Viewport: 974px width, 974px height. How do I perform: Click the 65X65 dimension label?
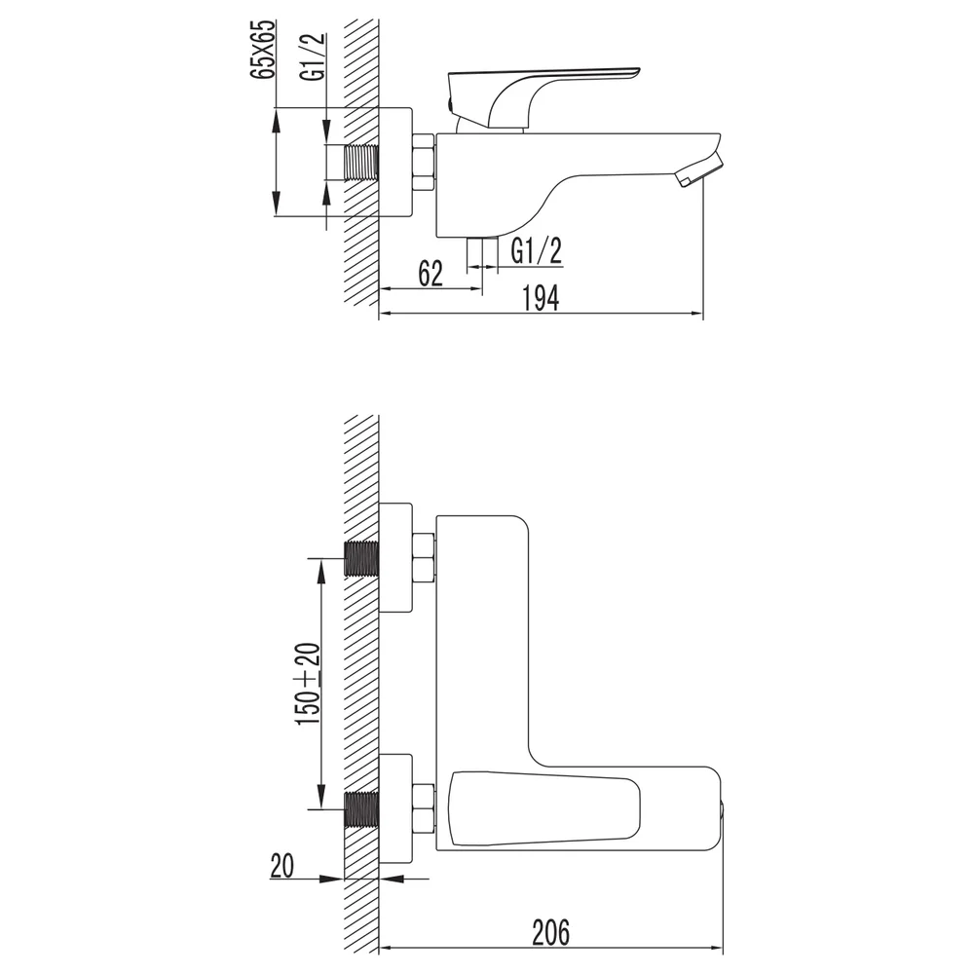coord(261,49)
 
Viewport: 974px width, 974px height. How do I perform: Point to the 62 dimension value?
coord(431,274)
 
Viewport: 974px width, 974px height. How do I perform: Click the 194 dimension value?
coord(540,298)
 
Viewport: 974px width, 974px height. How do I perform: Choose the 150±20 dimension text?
coord(309,683)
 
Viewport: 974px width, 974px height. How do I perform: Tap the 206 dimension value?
coord(551,932)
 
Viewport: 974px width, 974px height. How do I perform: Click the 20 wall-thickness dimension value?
coord(282,865)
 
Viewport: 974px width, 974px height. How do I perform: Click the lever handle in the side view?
coord(544,94)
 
